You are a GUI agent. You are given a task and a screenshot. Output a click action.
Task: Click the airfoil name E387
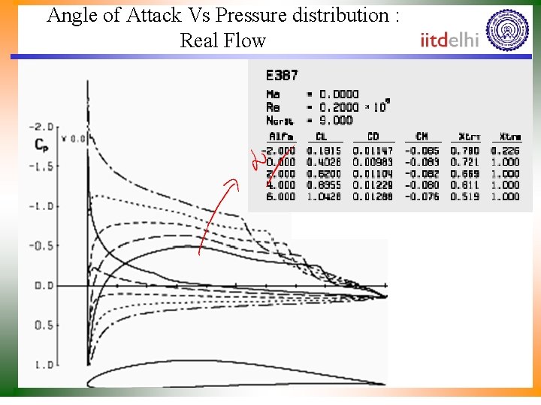point(282,75)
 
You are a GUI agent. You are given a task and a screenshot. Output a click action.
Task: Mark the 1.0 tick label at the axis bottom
point(44,365)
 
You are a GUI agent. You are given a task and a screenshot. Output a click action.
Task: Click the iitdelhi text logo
point(449,40)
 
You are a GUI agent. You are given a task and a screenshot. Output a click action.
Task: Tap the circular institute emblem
point(508,30)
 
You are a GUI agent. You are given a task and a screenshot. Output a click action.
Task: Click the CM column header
point(422,136)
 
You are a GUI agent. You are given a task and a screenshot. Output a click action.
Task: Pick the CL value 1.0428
point(325,196)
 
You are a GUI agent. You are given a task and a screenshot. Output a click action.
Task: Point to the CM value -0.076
point(422,196)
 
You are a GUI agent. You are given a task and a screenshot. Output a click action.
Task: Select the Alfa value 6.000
point(281,196)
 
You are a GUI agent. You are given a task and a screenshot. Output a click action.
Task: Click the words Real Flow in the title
point(222,40)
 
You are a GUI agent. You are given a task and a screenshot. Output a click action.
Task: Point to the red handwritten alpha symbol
point(258,160)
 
